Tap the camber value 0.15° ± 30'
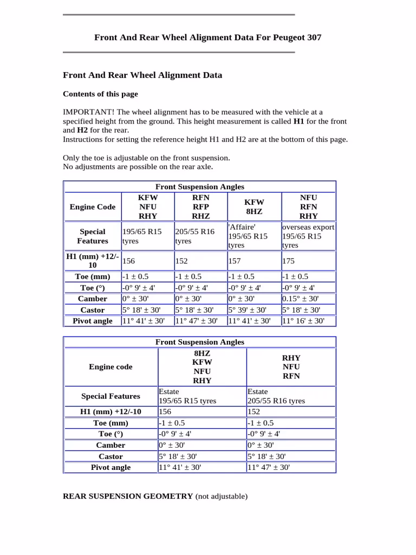tap(301, 299)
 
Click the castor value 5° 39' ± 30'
tap(247, 310)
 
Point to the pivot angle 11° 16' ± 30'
tap(303, 321)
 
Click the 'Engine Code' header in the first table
tap(93, 207)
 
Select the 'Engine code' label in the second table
tap(110, 367)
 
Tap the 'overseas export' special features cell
tap(308, 227)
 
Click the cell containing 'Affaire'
tap(242, 227)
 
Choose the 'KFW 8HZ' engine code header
tap(254, 207)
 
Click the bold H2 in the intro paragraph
tap(82, 131)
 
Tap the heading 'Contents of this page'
tap(100, 94)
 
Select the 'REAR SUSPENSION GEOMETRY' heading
tap(128, 496)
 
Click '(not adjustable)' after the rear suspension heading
tap(221, 496)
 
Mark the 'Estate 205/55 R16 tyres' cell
tap(276, 396)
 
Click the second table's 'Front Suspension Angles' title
tap(200, 342)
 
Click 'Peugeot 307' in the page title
tap(299, 37)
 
